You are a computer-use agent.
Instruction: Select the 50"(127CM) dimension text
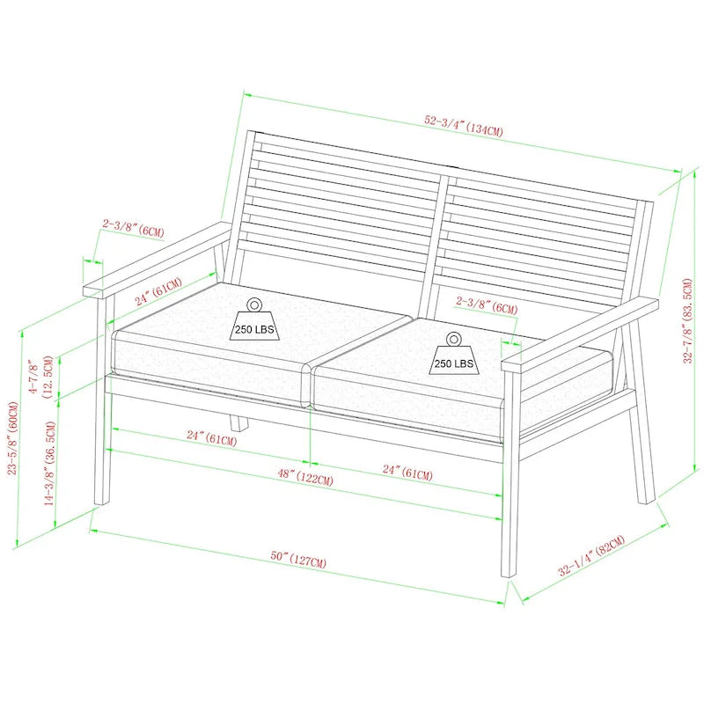pos(299,559)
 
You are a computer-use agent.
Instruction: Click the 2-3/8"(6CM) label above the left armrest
pos(133,228)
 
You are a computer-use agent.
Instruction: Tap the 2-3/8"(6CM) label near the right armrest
pos(487,304)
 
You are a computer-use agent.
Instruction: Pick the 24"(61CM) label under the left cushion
pos(211,437)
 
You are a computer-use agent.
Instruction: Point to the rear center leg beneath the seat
pos(237,422)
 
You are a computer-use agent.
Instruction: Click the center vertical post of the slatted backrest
pos(439,238)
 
